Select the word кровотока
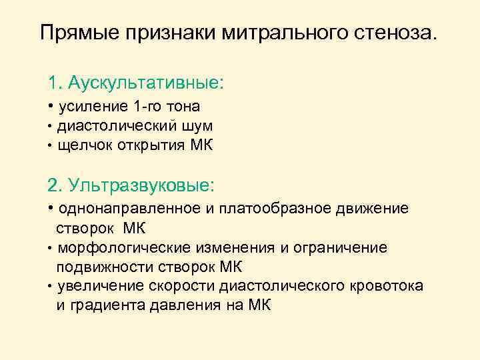[x=385, y=287]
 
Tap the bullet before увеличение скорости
[x=50, y=287]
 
